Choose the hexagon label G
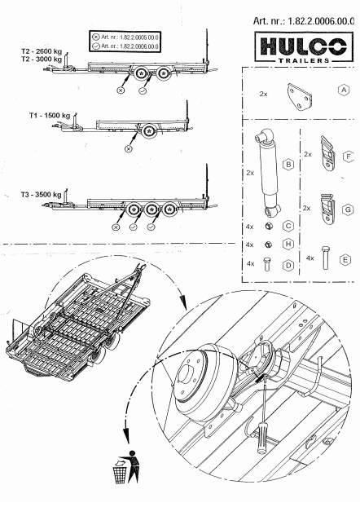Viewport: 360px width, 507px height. click(348, 209)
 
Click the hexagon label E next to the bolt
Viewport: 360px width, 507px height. click(346, 258)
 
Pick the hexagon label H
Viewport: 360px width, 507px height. click(288, 244)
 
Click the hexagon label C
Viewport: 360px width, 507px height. click(288, 225)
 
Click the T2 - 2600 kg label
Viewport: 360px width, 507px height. click(42, 51)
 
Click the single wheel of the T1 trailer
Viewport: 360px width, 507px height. click(148, 131)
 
